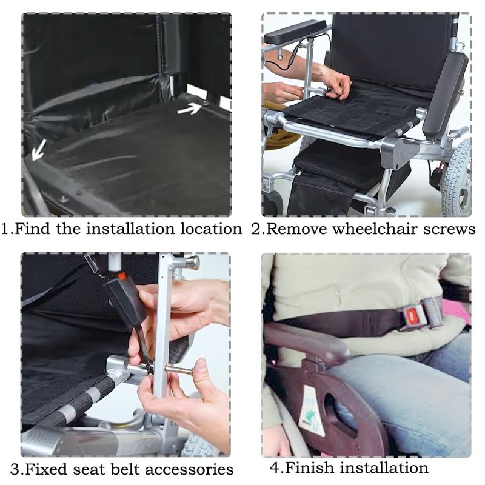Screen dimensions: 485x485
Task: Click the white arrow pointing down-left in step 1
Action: [39, 150]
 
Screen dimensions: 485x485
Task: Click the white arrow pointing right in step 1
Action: [190, 109]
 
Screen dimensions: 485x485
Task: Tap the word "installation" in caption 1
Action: [130, 229]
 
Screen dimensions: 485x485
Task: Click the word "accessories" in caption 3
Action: [189, 469]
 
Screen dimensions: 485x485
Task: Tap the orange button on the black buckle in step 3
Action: [121, 275]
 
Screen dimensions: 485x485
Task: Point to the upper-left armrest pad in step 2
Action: [295, 32]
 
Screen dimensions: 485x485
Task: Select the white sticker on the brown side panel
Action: [312, 410]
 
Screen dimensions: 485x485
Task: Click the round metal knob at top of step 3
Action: [191, 263]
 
